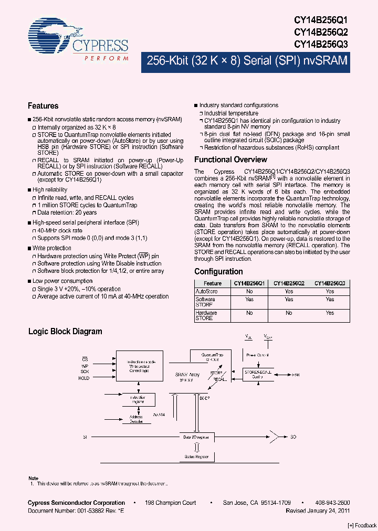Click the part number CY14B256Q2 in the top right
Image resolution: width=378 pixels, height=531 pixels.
321,33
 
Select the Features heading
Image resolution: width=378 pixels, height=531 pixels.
43,105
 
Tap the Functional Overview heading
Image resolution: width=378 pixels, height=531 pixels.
230,160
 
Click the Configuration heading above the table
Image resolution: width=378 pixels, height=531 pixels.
218,272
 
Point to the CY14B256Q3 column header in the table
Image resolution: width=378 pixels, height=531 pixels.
330,283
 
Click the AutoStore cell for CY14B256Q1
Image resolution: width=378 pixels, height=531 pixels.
249,291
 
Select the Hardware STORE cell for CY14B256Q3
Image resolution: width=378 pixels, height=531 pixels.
330,313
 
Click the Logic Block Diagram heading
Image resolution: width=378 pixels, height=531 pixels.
65,332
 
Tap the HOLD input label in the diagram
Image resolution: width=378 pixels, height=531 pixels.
84,378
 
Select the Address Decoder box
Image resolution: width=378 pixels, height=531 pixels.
136,420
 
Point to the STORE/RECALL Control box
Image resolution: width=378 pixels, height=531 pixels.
258,374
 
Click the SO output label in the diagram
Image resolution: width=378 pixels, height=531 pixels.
293,437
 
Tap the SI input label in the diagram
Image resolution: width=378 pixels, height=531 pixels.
85,437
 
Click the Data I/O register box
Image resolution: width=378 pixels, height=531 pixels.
196,437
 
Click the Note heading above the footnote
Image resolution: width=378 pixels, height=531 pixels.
33,478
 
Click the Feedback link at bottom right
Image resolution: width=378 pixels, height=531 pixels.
362,525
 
